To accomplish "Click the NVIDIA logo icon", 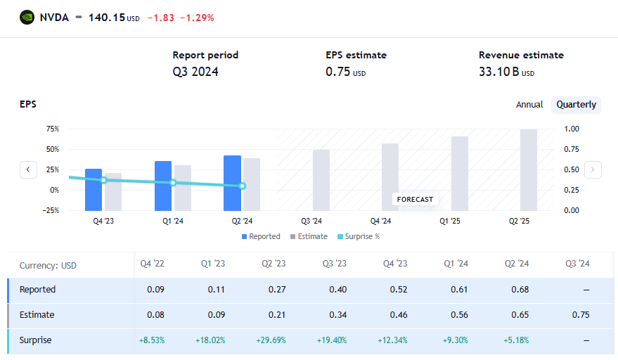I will tap(27, 18).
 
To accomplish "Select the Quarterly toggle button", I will tap(576, 105).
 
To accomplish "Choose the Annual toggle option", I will tap(529, 105).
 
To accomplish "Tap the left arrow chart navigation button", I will tap(28, 169).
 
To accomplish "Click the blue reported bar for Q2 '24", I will tap(232, 183).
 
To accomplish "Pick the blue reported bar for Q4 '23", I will tap(94, 189).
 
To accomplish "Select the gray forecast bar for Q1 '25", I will tap(460, 173).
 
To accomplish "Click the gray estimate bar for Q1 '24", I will tap(183, 187).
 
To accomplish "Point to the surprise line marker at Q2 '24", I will tap(242, 186).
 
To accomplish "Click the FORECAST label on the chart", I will tap(415, 199).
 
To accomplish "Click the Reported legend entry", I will tap(261, 236).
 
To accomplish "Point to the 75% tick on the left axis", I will tap(52, 129).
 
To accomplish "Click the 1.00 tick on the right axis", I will tap(572, 129).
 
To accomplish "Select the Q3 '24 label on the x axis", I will tap(311, 220).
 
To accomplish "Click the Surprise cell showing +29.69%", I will tap(271, 340).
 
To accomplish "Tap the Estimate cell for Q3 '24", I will tap(581, 315).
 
